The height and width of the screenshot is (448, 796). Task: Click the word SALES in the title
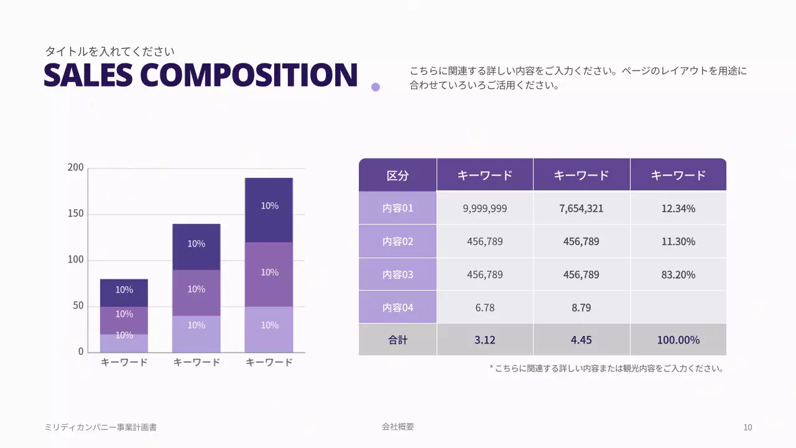click(88, 75)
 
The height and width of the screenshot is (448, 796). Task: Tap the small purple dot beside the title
click(376, 87)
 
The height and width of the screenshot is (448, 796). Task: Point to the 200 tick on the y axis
click(75, 167)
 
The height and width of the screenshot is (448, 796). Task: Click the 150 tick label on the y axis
click(75, 214)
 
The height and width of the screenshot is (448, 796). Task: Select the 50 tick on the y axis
click(78, 306)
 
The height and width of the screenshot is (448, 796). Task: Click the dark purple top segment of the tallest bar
click(269, 210)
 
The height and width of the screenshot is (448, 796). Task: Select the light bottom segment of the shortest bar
click(124, 343)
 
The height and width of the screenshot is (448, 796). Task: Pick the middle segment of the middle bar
click(196, 292)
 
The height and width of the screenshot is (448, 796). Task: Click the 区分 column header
click(397, 175)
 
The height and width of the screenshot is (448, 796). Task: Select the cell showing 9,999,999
click(484, 208)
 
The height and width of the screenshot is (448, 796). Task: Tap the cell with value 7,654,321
click(581, 208)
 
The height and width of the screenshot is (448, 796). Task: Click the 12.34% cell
click(678, 208)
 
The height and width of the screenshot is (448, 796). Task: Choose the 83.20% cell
click(678, 274)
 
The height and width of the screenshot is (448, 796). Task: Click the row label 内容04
click(397, 307)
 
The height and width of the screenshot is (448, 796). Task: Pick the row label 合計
click(397, 340)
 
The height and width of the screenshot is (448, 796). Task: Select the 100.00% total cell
click(678, 340)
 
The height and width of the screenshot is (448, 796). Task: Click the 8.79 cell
click(581, 307)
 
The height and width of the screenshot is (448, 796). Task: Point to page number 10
click(747, 427)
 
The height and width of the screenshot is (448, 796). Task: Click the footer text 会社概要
click(398, 427)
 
